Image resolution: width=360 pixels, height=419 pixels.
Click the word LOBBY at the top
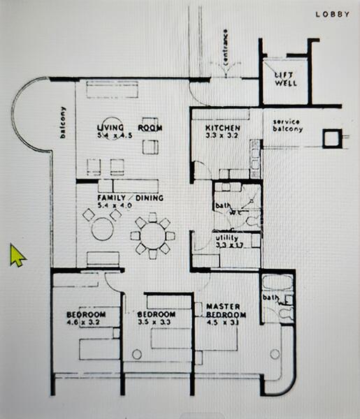332,14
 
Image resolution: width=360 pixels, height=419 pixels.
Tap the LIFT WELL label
285,78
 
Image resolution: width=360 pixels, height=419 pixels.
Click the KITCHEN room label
223,128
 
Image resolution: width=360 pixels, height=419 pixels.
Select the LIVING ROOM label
130,128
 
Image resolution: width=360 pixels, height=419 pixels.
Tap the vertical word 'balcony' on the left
62,124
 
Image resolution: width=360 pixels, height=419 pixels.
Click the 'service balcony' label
287,126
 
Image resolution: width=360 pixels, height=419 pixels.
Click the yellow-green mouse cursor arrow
17,256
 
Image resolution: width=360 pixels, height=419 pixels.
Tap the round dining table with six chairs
152,236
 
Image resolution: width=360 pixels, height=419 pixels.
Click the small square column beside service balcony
329,139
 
